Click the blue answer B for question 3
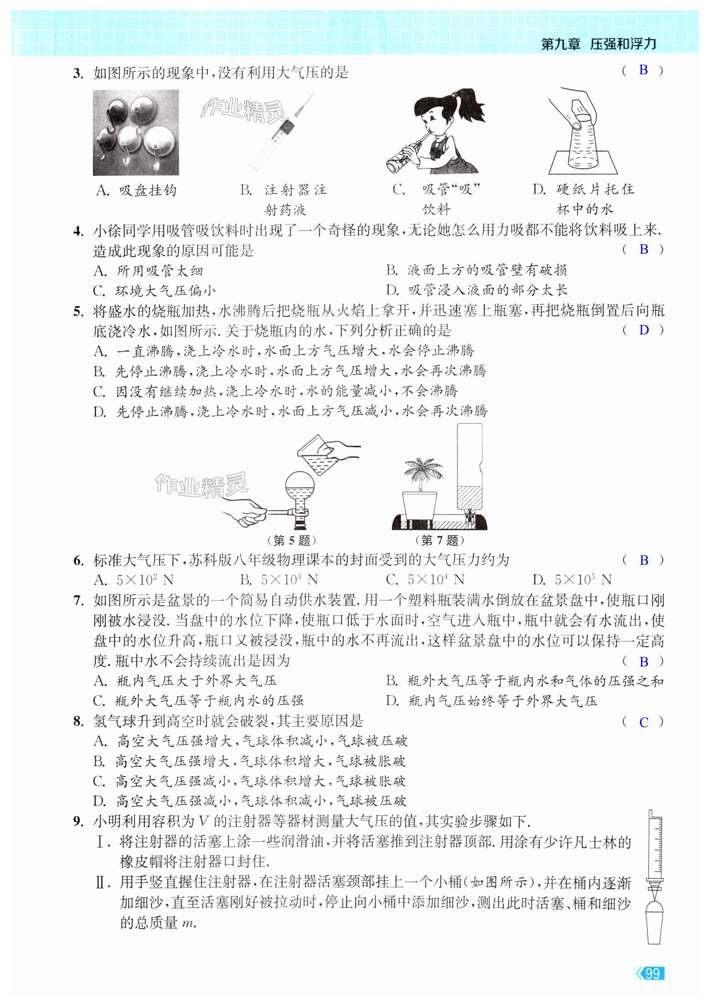(x=643, y=70)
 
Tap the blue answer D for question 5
(x=643, y=330)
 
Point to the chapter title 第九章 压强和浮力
(x=599, y=44)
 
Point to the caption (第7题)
(x=439, y=540)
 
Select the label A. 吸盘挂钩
(x=136, y=190)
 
